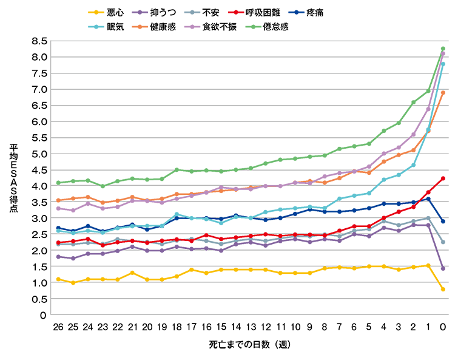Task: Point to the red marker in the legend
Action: (235, 12)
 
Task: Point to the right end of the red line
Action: (444, 177)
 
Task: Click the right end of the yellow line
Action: (444, 290)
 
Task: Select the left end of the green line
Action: (58, 180)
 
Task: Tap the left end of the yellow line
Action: (58, 277)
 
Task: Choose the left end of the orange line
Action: (58, 197)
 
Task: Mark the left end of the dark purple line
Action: (58, 257)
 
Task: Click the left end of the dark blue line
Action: (58, 226)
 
